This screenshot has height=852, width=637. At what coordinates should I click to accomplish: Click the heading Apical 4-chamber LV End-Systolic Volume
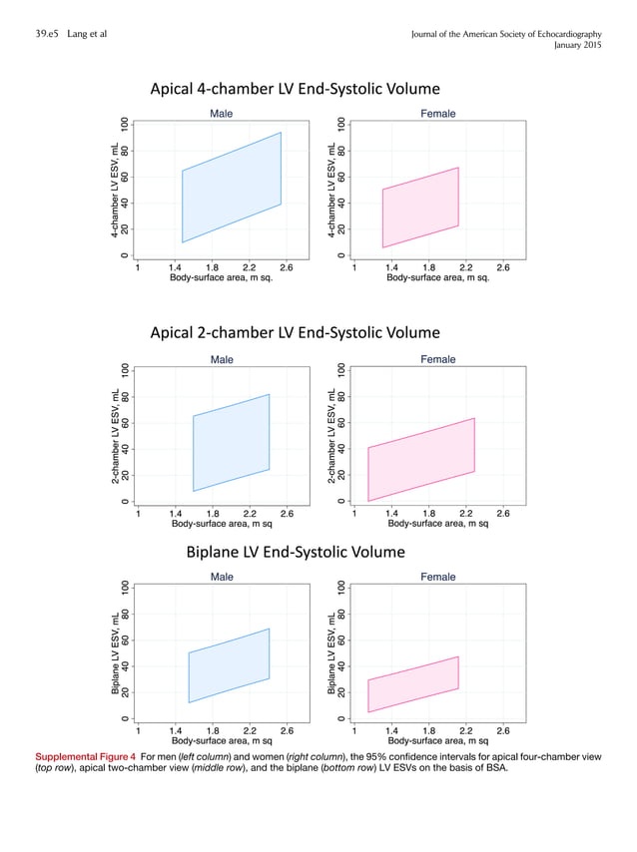pos(295,90)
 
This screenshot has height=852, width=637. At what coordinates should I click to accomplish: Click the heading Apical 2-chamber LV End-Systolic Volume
pos(295,332)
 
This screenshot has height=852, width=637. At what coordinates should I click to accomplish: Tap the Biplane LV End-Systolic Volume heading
pos(296,552)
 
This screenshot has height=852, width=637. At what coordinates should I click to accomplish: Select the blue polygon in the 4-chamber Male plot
pos(231,188)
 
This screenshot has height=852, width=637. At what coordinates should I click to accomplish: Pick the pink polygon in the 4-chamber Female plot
pos(420,208)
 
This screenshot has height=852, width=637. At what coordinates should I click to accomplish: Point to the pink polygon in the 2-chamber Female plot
pos(420,460)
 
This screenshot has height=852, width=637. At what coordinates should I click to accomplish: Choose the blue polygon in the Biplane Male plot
pos(229,665)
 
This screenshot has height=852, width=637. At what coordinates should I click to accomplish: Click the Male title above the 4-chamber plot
pos(222,114)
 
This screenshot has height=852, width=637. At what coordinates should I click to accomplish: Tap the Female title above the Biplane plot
pos(438,577)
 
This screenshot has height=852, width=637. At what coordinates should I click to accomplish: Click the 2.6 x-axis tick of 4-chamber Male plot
pos(287,267)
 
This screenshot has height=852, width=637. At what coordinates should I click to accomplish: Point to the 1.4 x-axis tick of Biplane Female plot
pos(391,729)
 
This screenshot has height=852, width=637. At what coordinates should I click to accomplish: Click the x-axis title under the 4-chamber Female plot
pos(437,278)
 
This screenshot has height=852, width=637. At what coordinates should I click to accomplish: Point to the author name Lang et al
pos(89,35)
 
